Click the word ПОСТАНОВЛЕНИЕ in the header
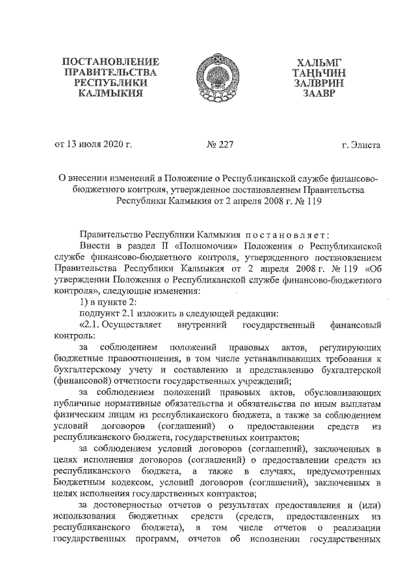[x=110, y=61]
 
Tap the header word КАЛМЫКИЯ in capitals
[x=110, y=95]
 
